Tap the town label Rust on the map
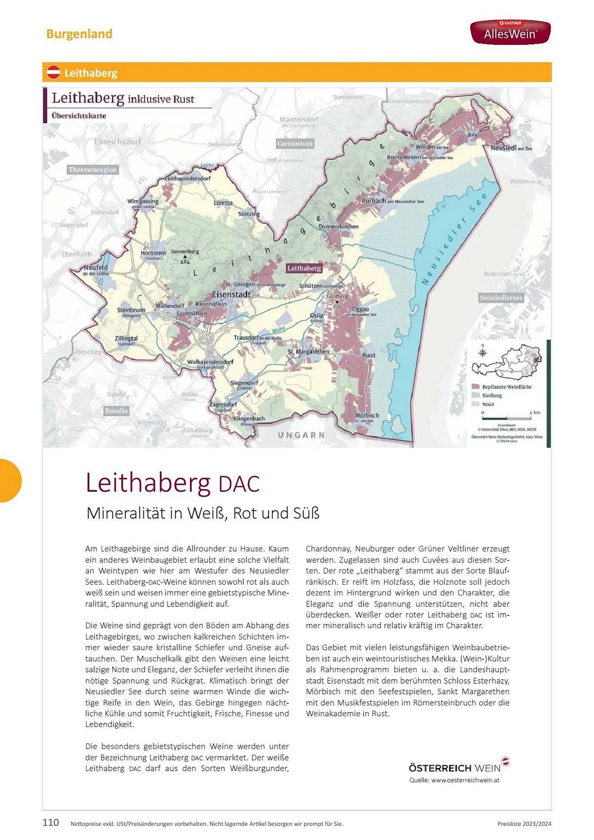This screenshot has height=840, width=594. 368,355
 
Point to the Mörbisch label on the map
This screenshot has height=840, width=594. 367,416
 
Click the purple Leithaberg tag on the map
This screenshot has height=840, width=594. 304,268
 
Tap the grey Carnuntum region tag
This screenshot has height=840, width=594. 295,144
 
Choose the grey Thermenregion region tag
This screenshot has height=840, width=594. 93,170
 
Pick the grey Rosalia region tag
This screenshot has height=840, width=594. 116,411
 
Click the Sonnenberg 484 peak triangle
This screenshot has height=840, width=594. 185,257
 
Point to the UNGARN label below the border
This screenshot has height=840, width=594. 301,435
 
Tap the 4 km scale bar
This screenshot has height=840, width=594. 507,418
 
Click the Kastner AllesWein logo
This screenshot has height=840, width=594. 510,32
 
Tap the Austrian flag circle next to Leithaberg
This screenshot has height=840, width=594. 54,73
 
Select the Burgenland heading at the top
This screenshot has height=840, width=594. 79,34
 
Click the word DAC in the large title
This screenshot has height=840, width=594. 239,484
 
